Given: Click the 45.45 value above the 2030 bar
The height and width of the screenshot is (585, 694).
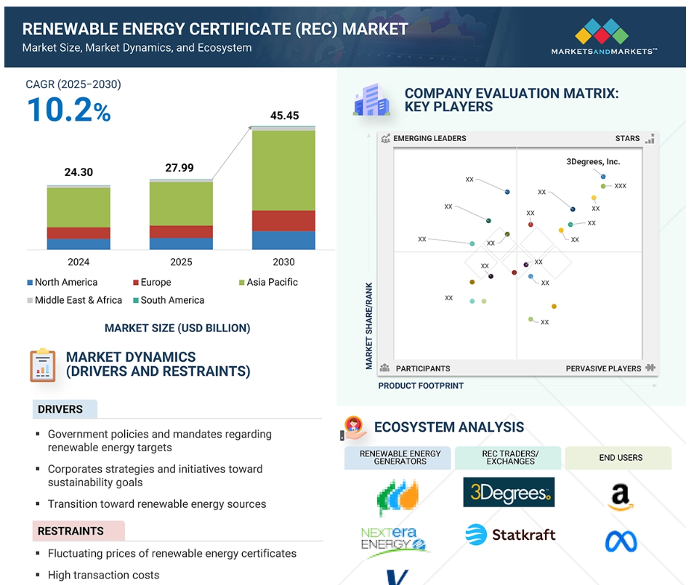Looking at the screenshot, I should pyautogui.click(x=284, y=116).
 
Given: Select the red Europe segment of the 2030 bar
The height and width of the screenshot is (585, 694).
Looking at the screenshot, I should pyautogui.click(x=283, y=221).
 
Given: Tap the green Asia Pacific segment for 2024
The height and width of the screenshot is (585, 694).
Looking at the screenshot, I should pyautogui.click(x=78, y=207).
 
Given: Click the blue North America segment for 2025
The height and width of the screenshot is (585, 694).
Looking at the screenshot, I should pyautogui.click(x=181, y=243).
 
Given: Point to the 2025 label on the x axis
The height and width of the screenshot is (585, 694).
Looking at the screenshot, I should pyautogui.click(x=181, y=262).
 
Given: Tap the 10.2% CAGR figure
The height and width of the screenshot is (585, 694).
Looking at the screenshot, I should pyautogui.click(x=68, y=110).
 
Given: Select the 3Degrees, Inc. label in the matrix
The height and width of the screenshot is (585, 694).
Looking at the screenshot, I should pyautogui.click(x=593, y=162).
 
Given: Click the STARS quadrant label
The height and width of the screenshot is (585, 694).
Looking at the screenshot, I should pyautogui.click(x=627, y=138).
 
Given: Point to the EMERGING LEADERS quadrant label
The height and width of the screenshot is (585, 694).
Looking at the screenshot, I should pyautogui.click(x=429, y=138).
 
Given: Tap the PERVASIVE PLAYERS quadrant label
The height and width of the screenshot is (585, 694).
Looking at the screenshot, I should pyautogui.click(x=603, y=368).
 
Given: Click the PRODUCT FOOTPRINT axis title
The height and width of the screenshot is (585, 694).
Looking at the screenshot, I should pyautogui.click(x=421, y=386).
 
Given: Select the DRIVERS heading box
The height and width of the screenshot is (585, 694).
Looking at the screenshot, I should pyautogui.click(x=65, y=409).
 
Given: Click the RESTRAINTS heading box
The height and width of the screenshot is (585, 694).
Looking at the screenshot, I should pyautogui.click(x=78, y=531).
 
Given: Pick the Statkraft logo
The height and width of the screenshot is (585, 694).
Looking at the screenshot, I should pyautogui.click(x=510, y=535).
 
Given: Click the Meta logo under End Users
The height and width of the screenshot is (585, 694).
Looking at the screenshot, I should pyautogui.click(x=621, y=541).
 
